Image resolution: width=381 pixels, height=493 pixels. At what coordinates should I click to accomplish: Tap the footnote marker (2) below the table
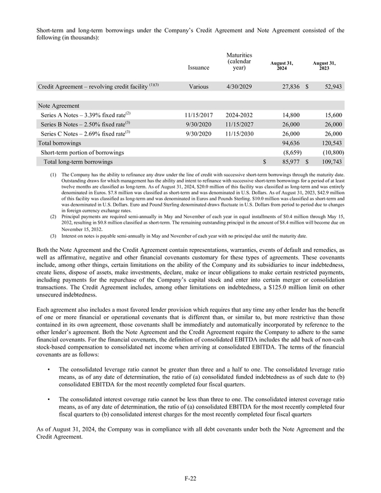coord(52,218)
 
